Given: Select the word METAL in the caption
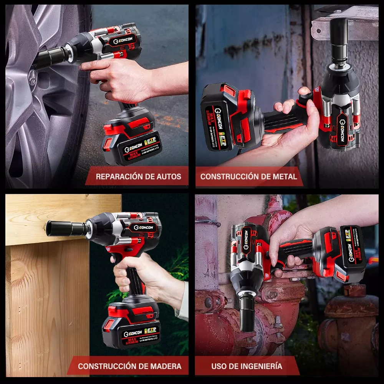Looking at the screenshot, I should pyautogui.click(x=284, y=177).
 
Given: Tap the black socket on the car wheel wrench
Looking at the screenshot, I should pyautogui.click(x=52, y=58).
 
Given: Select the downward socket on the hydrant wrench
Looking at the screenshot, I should pyautogui.click(x=247, y=311).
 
